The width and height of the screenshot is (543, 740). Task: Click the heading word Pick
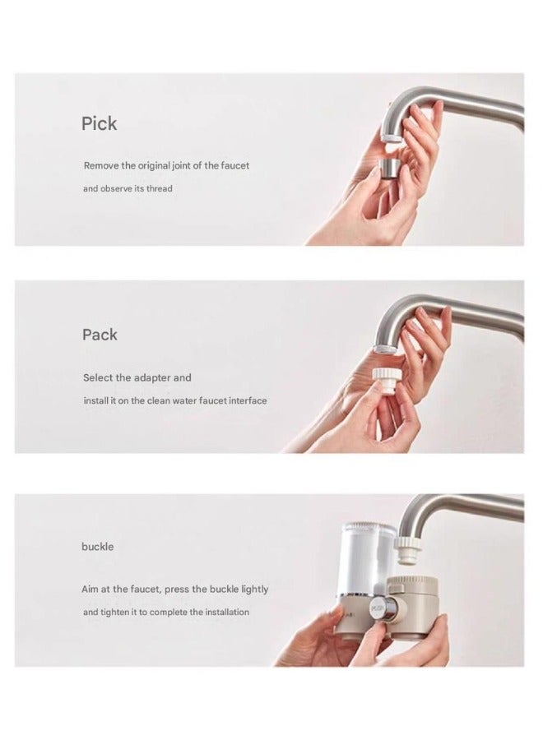coord(99,124)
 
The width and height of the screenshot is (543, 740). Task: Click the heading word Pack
coord(100,335)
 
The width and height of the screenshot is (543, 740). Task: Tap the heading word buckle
coord(97,547)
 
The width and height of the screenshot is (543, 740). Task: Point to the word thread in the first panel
coord(160,189)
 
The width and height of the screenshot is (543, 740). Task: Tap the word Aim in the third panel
coord(90,590)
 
